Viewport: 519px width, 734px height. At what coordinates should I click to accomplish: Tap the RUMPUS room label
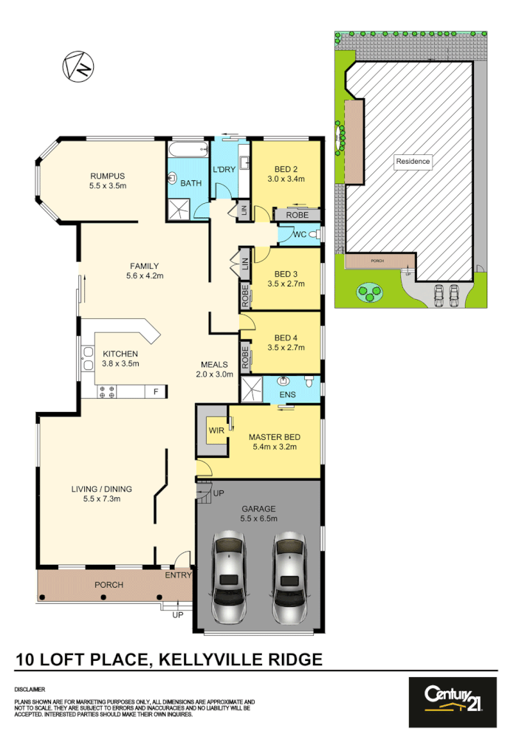tap(108, 176)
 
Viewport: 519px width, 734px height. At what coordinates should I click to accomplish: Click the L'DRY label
tap(224, 170)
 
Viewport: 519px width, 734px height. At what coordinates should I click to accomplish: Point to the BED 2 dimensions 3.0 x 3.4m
tap(286, 179)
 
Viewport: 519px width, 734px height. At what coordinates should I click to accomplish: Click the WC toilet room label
tap(300, 234)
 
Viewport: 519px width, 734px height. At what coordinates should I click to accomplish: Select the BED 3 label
tap(286, 271)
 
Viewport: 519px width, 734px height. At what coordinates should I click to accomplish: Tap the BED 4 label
tap(286, 338)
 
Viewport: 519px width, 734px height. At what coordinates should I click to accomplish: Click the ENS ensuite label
tap(288, 395)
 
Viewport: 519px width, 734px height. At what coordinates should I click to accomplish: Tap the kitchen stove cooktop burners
tap(105, 392)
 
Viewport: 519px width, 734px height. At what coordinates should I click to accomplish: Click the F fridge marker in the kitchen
tap(155, 392)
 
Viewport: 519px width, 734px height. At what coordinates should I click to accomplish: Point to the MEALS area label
tap(215, 364)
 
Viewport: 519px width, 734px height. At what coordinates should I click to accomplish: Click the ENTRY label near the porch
tap(178, 575)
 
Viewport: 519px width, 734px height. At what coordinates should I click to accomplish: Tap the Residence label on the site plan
tap(413, 161)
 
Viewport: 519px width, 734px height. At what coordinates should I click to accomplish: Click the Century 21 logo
tap(453, 696)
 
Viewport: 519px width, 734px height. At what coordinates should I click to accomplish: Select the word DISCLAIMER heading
tap(30, 687)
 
